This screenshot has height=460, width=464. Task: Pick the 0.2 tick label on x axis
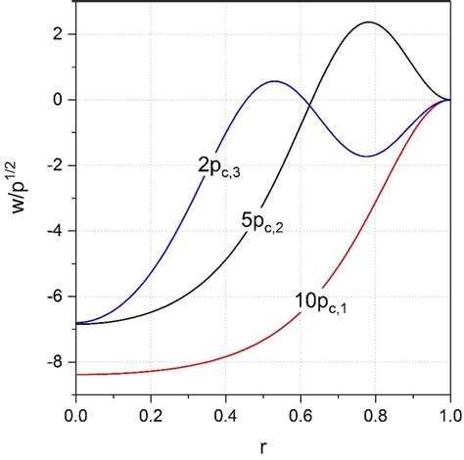click(x=151, y=415)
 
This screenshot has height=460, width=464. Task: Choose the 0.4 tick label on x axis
click(x=226, y=415)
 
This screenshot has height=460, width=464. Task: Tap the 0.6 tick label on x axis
click(x=301, y=415)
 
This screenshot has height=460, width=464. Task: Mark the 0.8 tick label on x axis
click(x=376, y=415)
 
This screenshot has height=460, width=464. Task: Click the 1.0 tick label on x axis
click(x=449, y=415)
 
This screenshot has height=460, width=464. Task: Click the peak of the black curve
click(x=369, y=23)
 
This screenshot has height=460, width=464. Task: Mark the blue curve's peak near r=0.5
click(x=275, y=81)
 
